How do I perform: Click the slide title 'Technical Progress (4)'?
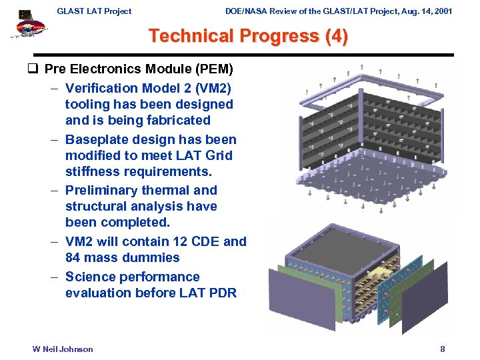click(x=248, y=36)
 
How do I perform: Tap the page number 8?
click(x=442, y=349)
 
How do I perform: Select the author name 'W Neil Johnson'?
click(x=63, y=349)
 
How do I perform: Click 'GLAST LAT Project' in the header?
click(x=94, y=11)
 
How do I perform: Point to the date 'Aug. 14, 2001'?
click(x=422, y=11)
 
